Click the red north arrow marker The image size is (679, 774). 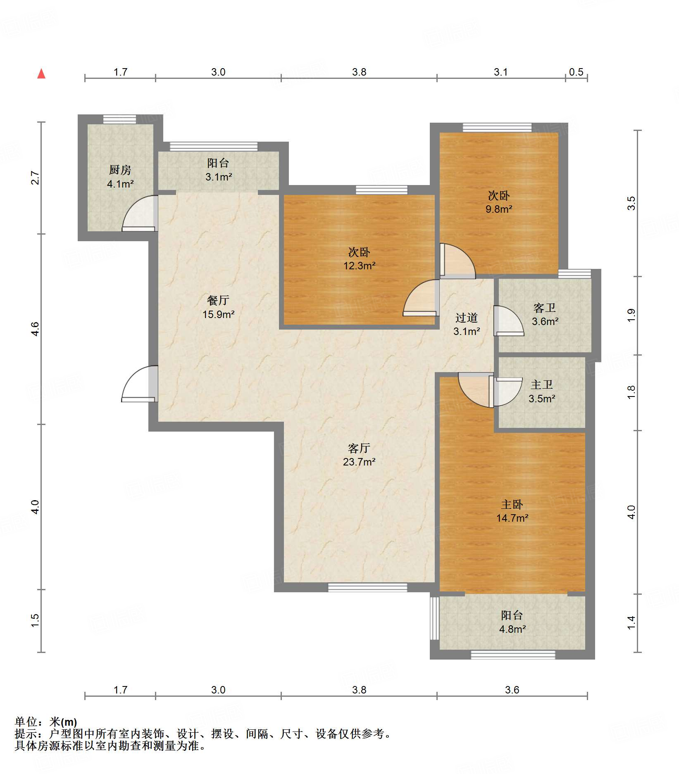[x=41, y=74]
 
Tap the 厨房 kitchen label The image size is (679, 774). [x=120, y=170]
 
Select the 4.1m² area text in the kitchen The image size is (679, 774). [x=120, y=184]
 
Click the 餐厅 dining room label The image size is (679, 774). [x=218, y=300]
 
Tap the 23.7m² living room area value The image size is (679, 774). [x=359, y=462]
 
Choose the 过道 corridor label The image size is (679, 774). [x=467, y=318]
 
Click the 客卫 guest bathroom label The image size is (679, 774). [x=545, y=308]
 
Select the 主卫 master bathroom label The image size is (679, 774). [x=542, y=385]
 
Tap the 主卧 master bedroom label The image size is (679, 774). [x=512, y=504]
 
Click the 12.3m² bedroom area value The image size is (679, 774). [x=360, y=266]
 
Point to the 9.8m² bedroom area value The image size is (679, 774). [x=499, y=209]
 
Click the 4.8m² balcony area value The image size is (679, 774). [x=512, y=629]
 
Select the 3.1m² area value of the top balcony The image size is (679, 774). [x=219, y=177]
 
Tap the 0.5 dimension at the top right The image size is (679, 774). [x=576, y=72]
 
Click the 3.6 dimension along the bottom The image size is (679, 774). [x=512, y=690]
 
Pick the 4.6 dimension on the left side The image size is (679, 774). [x=35, y=329]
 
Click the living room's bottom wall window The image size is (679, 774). [x=367, y=587]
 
